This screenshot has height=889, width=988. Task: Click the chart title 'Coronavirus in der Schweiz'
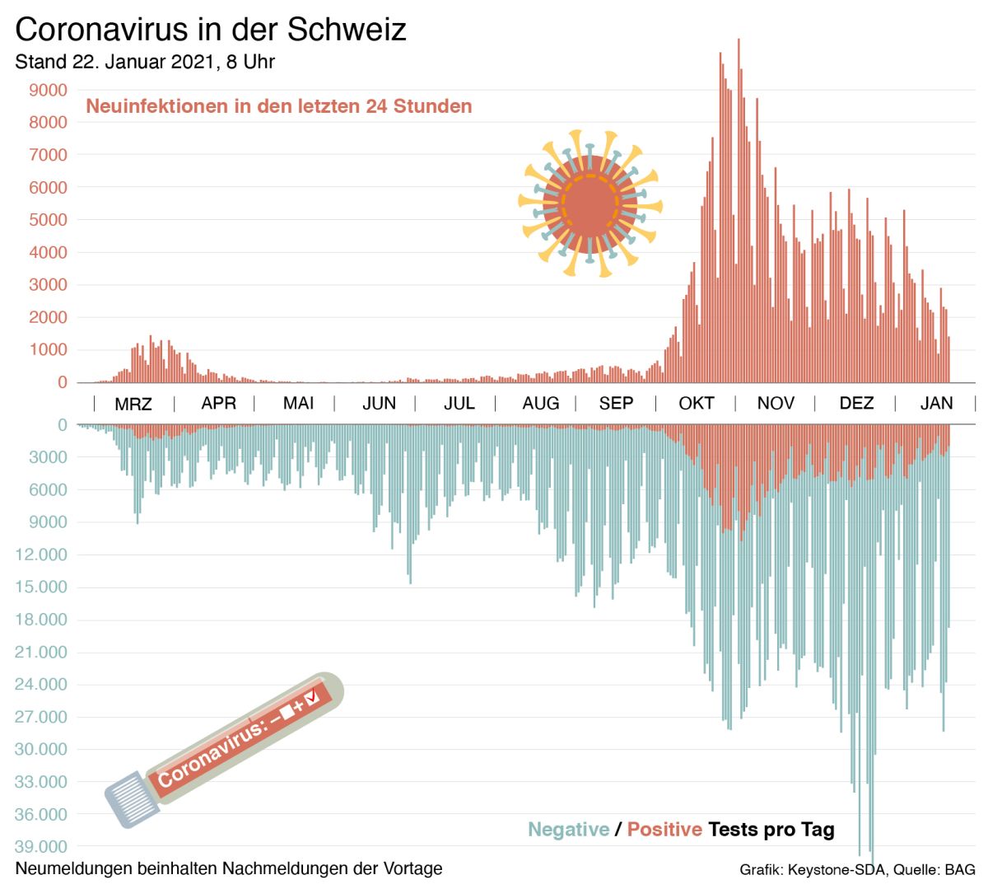(x=211, y=30)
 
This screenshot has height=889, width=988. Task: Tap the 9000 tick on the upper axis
(x=49, y=90)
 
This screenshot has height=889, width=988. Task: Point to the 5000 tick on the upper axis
(x=49, y=220)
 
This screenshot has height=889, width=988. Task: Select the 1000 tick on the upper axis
(x=49, y=350)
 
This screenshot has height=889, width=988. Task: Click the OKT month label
(x=696, y=404)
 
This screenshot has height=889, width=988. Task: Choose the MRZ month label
(x=133, y=405)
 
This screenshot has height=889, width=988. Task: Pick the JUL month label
(x=459, y=404)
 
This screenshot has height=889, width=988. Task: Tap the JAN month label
(x=936, y=404)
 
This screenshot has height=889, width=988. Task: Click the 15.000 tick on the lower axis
(x=41, y=587)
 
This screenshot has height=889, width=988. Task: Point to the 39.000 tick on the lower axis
(x=41, y=847)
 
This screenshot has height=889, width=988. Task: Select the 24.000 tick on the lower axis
(x=41, y=685)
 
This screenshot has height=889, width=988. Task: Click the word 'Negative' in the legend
(x=569, y=830)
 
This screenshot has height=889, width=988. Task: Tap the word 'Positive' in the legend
(x=664, y=830)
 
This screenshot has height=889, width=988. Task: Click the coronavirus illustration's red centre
(x=590, y=203)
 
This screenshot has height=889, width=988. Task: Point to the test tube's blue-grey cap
(x=132, y=798)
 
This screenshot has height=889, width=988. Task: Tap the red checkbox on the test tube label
(x=310, y=699)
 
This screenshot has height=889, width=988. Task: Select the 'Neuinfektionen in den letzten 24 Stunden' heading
(x=279, y=106)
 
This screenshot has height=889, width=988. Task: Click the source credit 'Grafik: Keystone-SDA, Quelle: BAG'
(x=857, y=870)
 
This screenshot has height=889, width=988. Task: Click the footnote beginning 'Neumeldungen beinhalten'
(x=229, y=868)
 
